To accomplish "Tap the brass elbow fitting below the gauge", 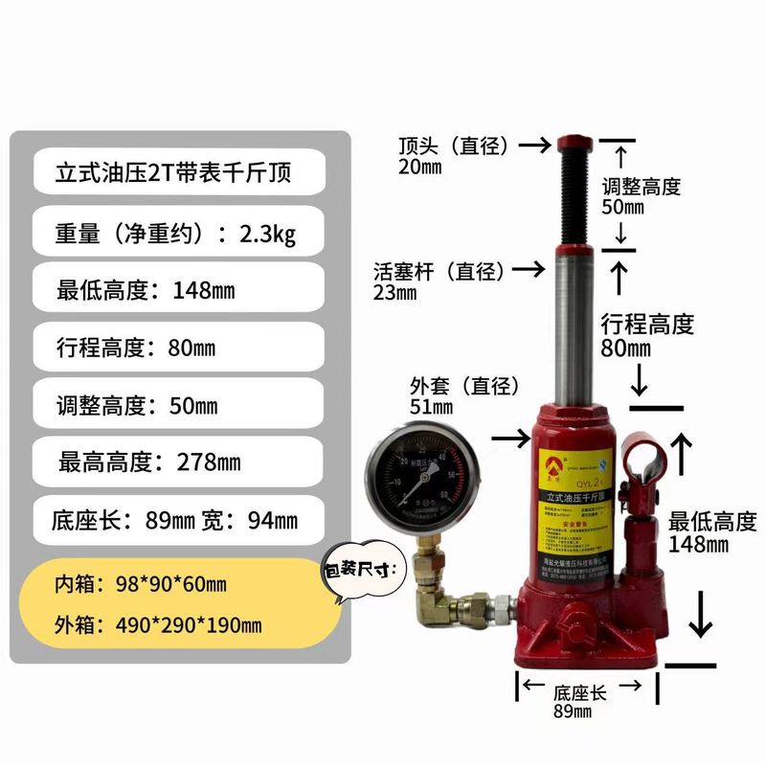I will point(432,601).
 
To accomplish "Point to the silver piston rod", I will point(573,326).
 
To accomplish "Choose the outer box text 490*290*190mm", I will point(159,626).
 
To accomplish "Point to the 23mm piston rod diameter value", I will point(394,292).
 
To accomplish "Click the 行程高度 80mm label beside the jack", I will point(646,335).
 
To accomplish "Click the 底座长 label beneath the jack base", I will point(579,691).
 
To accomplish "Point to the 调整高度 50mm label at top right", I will point(641,195).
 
